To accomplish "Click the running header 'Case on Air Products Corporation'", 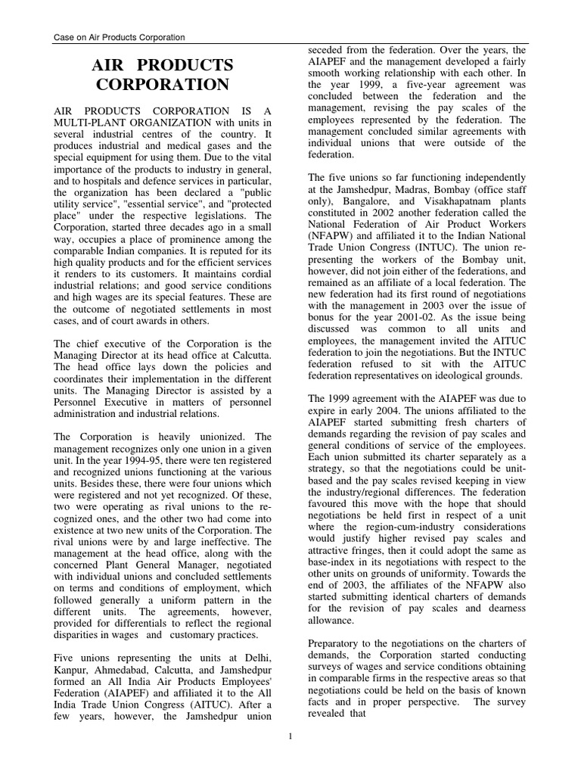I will click(x=119, y=37).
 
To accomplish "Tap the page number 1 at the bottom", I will click(x=290, y=734).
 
